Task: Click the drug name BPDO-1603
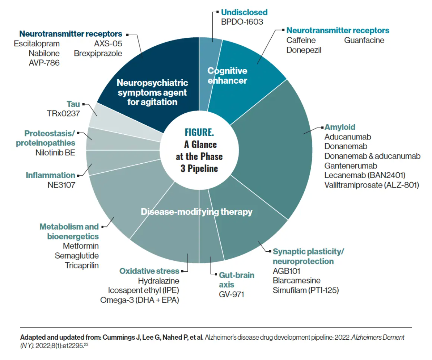click(x=242, y=22)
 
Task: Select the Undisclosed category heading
click(x=244, y=12)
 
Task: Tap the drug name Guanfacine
click(x=364, y=40)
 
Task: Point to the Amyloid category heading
click(x=340, y=127)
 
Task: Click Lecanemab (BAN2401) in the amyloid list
click(x=365, y=176)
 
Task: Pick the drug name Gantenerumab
click(x=351, y=166)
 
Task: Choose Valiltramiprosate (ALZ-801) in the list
click(x=372, y=185)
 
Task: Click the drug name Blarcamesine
click(x=296, y=281)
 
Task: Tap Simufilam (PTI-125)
click(x=305, y=290)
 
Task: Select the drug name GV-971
click(x=232, y=294)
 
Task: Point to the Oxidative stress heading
click(x=149, y=271)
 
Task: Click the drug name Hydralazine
click(x=158, y=281)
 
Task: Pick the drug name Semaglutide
click(x=77, y=255)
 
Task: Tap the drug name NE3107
click(x=61, y=185)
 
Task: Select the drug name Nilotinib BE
click(x=55, y=152)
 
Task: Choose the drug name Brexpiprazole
click(x=98, y=53)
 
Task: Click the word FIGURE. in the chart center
click(x=199, y=132)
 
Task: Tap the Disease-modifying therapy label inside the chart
click(x=196, y=212)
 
